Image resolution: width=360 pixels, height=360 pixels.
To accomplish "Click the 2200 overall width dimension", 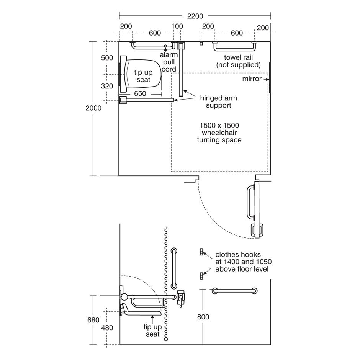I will (x=195, y=16).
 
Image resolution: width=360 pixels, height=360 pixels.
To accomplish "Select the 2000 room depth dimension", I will (x=93, y=108).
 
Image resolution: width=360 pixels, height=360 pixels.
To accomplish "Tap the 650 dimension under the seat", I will (x=140, y=93).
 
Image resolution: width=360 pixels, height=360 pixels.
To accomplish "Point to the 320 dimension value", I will (x=107, y=86).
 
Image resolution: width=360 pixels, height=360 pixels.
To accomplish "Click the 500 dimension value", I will (x=107, y=58).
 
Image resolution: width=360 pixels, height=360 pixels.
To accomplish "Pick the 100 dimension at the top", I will (x=177, y=26).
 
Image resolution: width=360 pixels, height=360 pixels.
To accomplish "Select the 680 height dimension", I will (x=93, y=320).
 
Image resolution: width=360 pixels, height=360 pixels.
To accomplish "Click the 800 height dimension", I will (x=203, y=317).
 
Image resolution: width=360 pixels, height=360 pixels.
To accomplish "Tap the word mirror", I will (x=252, y=79).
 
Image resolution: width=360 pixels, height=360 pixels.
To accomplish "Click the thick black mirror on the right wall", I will (x=270, y=78).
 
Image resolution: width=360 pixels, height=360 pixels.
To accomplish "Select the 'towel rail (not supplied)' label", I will (x=238, y=61).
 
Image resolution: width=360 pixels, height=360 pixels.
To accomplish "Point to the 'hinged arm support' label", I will (x=219, y=101).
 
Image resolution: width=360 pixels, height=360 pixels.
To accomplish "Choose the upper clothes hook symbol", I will (x=201, y=252).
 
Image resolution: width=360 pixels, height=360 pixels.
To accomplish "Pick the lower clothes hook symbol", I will (x=201, y=275).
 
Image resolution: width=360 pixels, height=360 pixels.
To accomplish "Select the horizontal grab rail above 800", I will (x=234, y=291).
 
